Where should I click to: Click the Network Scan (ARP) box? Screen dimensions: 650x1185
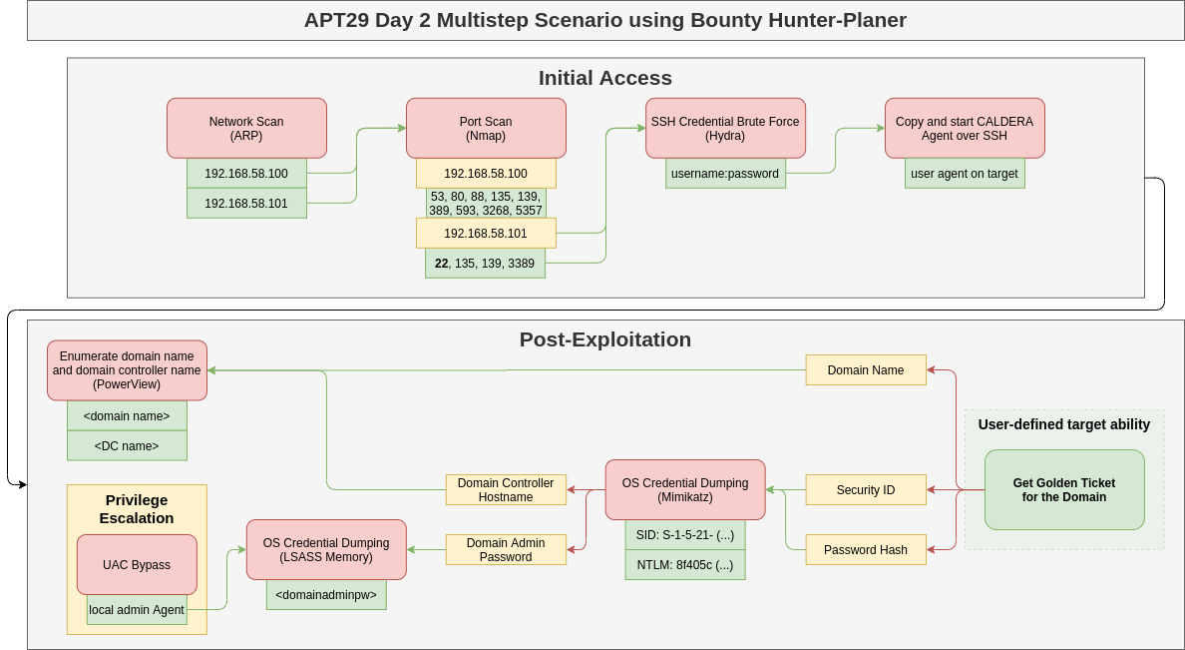246,128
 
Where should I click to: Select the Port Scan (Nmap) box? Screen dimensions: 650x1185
486,128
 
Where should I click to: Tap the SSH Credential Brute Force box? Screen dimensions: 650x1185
725,128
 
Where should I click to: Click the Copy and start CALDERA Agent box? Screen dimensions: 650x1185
965,128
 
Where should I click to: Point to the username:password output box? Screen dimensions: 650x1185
725,174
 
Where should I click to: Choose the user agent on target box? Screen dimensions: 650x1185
965,174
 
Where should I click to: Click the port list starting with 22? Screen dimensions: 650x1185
485,264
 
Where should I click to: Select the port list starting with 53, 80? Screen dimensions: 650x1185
486,204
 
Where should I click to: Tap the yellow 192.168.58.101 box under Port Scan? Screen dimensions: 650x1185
486,234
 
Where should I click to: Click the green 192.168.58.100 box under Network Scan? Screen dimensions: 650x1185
246,174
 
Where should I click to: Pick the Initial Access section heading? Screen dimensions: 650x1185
604,78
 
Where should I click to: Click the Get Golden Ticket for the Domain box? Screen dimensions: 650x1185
1064,489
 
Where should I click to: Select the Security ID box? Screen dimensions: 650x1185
865,490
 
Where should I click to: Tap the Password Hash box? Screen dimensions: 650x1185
865,550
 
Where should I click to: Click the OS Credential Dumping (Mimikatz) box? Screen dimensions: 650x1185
685,489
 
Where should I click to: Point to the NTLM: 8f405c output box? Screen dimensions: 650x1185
685,565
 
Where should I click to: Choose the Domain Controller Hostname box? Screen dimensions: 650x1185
506,489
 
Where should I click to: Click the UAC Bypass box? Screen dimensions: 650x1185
137,565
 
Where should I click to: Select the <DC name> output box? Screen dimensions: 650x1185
127,445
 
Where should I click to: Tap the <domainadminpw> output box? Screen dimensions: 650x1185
326,595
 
